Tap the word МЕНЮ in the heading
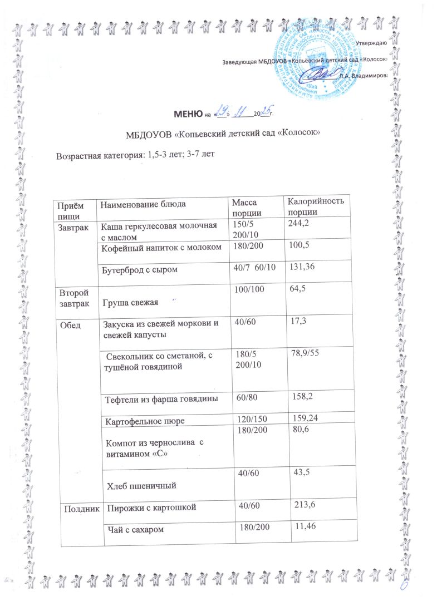coord(185,114)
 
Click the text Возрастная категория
coord(98,155)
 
